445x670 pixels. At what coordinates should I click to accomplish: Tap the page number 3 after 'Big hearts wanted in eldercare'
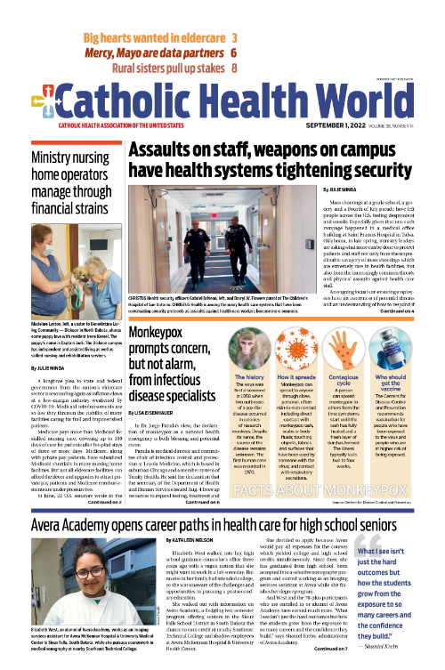[x=234, y=39]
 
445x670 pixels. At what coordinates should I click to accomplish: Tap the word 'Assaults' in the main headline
[x=166, y=149]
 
